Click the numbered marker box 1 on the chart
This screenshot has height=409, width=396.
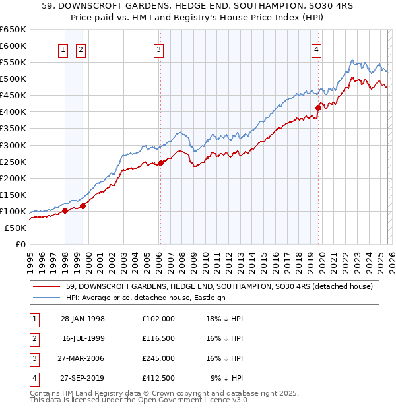(62, 49)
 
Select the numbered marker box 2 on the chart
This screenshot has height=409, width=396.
(80, 49)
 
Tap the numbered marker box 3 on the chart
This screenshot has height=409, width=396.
(159, 49)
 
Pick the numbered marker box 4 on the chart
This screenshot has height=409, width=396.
(317, 49)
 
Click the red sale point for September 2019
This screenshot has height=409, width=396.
(318, 108)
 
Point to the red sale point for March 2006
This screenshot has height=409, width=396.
(160, 163)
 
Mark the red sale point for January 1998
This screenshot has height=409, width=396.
(65, 211)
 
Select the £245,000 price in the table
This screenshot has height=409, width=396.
(158, 358)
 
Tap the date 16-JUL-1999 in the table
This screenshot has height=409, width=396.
(83, 338)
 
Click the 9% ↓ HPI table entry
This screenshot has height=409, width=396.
(226, 378)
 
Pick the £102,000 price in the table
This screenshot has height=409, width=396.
(158, 319)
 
